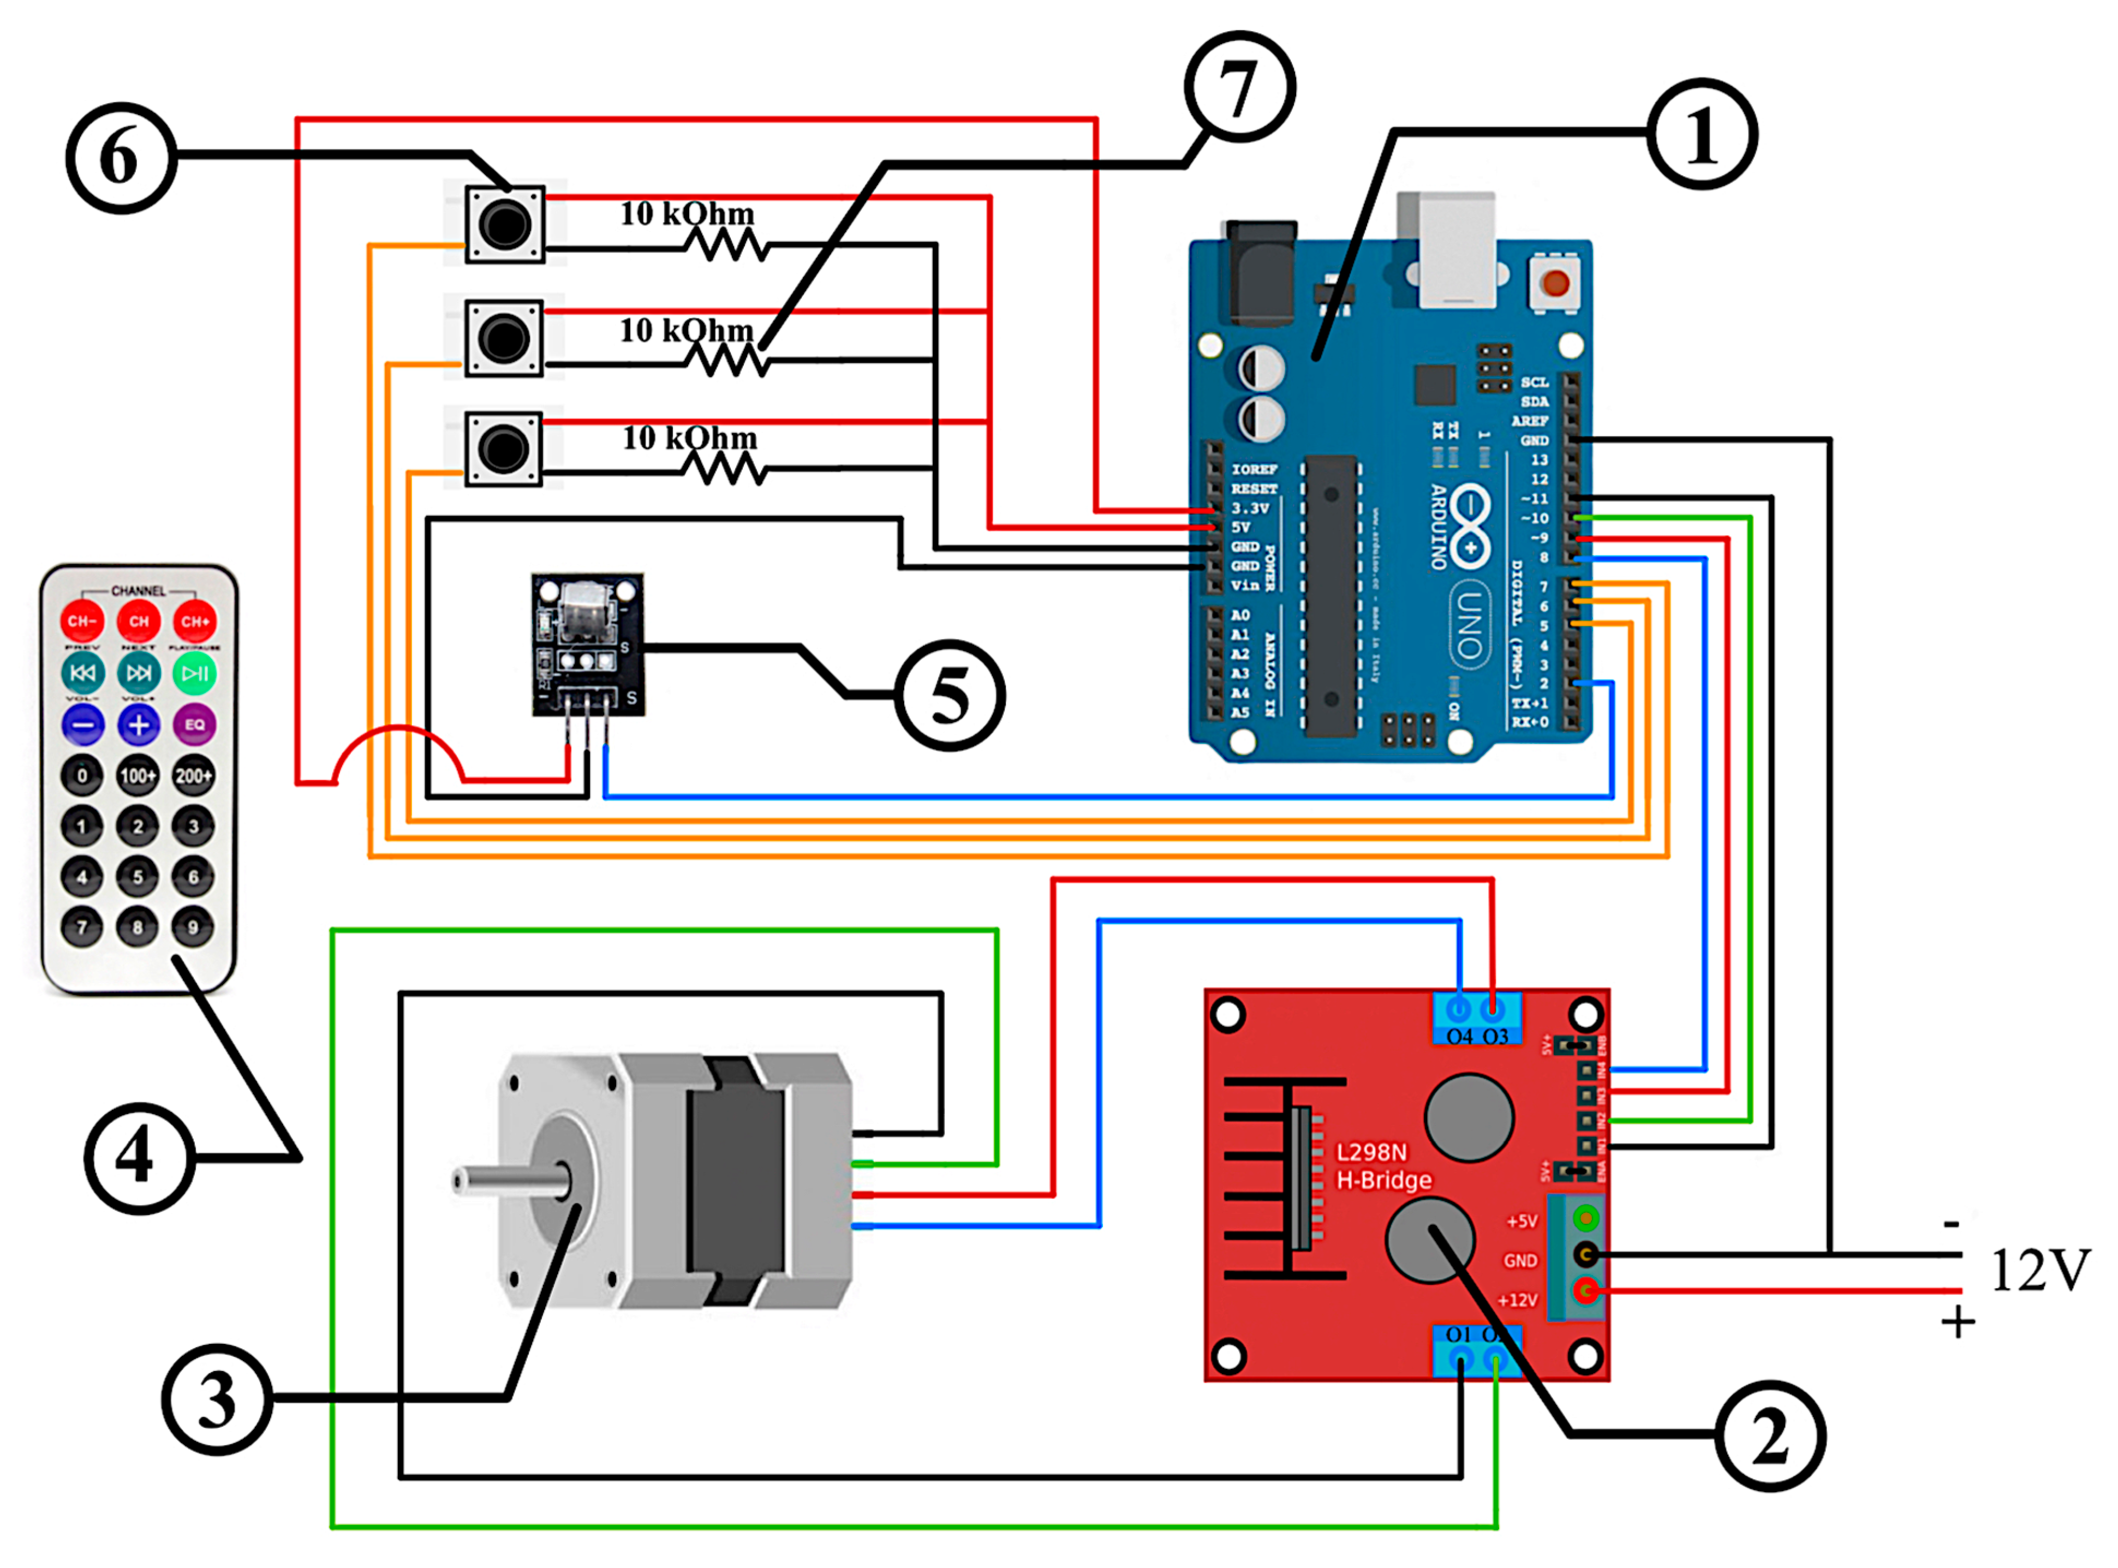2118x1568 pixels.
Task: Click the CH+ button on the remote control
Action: pyautogui.click(x=195, y=622)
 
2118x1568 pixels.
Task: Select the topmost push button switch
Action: pyautogui.click(x=504, y=224)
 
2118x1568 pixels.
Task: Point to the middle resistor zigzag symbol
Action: pyautogui.click(x=726, y=361)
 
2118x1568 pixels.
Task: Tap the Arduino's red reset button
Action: pyautogui.click(x=1555, y=282)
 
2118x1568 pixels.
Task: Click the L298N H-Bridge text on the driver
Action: pyautogui.click(x=1383, y=1165)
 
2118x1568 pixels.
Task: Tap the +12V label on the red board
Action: pyautogui.click(x=1517, y=1300)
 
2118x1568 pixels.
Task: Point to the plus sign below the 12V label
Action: pyautogui.click(x=1958, y=1322)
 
